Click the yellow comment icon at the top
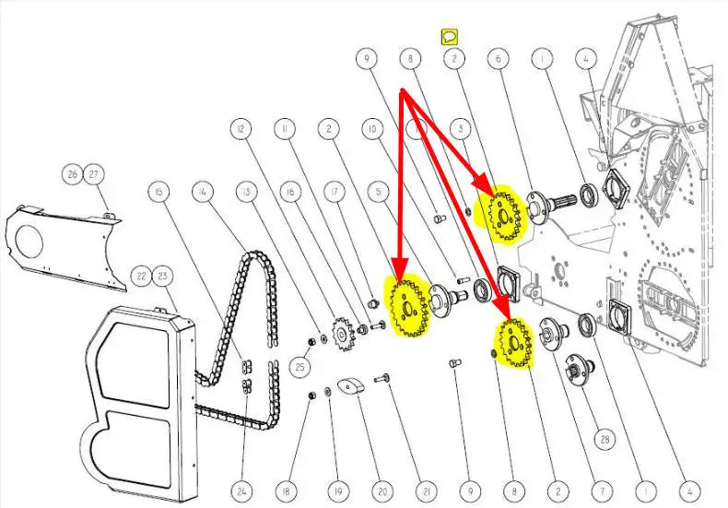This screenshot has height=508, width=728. coord(451,36)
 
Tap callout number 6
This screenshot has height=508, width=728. coord(499,59)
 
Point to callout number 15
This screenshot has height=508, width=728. coord(159,192)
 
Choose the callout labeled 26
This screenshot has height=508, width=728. coord(73,173)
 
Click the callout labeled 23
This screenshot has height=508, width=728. coord(162,275)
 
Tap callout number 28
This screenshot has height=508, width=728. coord(604,439)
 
